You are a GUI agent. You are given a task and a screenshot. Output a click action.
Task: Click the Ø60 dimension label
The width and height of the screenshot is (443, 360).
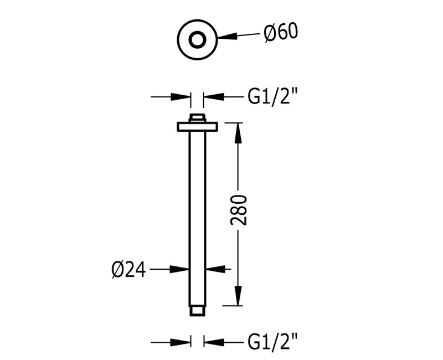tap(281, 33)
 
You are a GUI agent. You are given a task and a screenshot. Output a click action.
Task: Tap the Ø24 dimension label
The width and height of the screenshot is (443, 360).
tap(128, 270)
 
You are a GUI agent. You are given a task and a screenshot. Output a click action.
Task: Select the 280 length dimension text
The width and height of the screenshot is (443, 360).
tap(239, 210)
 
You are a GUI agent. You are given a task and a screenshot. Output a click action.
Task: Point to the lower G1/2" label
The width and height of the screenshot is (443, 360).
tap(272, 342)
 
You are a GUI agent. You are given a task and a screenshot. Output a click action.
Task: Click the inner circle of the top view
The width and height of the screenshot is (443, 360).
tap(197, 40)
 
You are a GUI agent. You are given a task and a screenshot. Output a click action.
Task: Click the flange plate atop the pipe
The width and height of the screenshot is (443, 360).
tap(198, 127)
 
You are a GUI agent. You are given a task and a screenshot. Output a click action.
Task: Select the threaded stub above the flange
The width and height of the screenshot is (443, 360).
tap(198, 118)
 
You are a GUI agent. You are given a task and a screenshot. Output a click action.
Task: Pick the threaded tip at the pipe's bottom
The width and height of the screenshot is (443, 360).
tap(198, 311)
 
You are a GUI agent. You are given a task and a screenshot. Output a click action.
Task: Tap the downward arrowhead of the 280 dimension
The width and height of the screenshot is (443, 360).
tap(238, 296)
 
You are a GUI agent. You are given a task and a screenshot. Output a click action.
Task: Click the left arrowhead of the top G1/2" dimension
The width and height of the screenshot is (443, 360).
tap(181, 96)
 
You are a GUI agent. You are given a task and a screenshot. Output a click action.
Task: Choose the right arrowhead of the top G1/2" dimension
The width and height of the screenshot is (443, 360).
tap(213, 96)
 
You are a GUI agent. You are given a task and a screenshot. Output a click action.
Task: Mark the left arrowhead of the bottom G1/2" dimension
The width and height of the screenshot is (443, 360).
tap(181, 342)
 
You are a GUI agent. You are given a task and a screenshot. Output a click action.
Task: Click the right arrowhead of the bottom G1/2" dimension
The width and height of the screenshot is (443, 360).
tap(213, 342)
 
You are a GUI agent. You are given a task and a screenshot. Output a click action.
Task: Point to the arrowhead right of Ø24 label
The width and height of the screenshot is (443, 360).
tap(179, 269)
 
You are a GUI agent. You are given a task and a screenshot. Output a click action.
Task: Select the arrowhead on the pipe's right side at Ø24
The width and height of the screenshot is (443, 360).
tap(215, 269)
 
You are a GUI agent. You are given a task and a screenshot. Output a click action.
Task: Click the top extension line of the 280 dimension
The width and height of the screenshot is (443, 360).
tap(233, 122)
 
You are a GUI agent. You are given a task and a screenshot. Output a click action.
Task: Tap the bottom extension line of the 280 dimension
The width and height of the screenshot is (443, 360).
tap(233, 306)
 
